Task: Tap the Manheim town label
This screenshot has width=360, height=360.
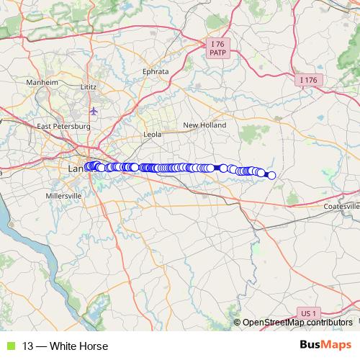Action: click(42, 83)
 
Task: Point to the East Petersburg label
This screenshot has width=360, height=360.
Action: click(63, 126)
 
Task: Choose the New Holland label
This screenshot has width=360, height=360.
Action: click(204, 125)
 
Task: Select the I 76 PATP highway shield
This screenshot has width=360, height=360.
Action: click(216, 48)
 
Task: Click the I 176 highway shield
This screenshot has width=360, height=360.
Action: click(307, 79)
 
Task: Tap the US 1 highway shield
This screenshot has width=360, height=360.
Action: click(307, 313)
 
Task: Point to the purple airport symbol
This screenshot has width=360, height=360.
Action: click(94, 111)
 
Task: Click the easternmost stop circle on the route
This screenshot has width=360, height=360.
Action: click(271, 175)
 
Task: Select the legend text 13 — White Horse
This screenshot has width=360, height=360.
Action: click(65, 346)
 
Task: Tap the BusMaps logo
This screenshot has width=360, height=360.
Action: click(325, 346)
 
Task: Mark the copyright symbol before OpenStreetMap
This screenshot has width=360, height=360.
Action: click(238, 323)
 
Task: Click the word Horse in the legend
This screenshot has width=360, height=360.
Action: click(94, 346)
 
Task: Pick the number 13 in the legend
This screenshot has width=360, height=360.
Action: click(27, 346)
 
